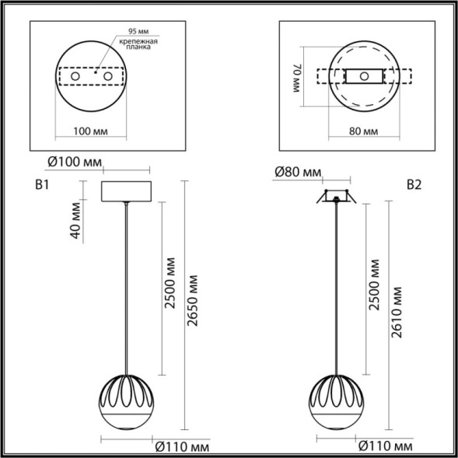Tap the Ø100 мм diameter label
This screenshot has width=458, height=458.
(75, 162)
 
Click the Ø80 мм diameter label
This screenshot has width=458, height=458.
(297, 171)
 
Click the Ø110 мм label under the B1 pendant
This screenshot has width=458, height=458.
(181, 447)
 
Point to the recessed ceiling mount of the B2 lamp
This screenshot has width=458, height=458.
(336, 198)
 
